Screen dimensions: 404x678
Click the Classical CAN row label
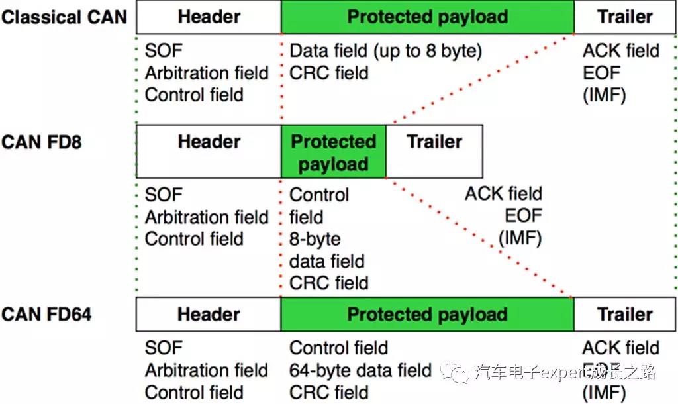click(x=64, y=17)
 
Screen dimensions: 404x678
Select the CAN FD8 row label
click(x=41, y=142)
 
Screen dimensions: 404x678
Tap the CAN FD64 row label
click(x=46, y=314)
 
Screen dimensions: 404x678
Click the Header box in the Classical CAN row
click(x=209, y=17)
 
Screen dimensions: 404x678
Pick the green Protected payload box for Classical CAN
click(x=428, y=17)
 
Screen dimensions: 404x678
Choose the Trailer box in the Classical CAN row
click(x=624, y=17)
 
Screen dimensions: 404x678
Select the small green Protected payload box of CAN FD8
click(x=333, y=152)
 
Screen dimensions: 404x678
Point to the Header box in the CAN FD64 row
click(x=209, y=315)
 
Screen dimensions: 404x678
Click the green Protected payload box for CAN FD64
click(x=428, y=315)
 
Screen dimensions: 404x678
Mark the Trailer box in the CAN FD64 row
click(x=624, y=315)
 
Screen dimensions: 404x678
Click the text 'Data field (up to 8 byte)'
click(x=386, y=51)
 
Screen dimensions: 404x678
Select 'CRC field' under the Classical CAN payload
click(x=329, y=73)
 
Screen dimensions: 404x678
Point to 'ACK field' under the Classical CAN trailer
click(x=621, y=51)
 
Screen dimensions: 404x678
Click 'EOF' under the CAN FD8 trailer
click(x=523, y=216)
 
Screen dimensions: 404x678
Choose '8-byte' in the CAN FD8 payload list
click(x=315, y=239)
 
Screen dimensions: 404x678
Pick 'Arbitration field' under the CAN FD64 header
click(x=207, y=370)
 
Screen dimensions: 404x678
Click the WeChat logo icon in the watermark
click(x=458, y=374)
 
